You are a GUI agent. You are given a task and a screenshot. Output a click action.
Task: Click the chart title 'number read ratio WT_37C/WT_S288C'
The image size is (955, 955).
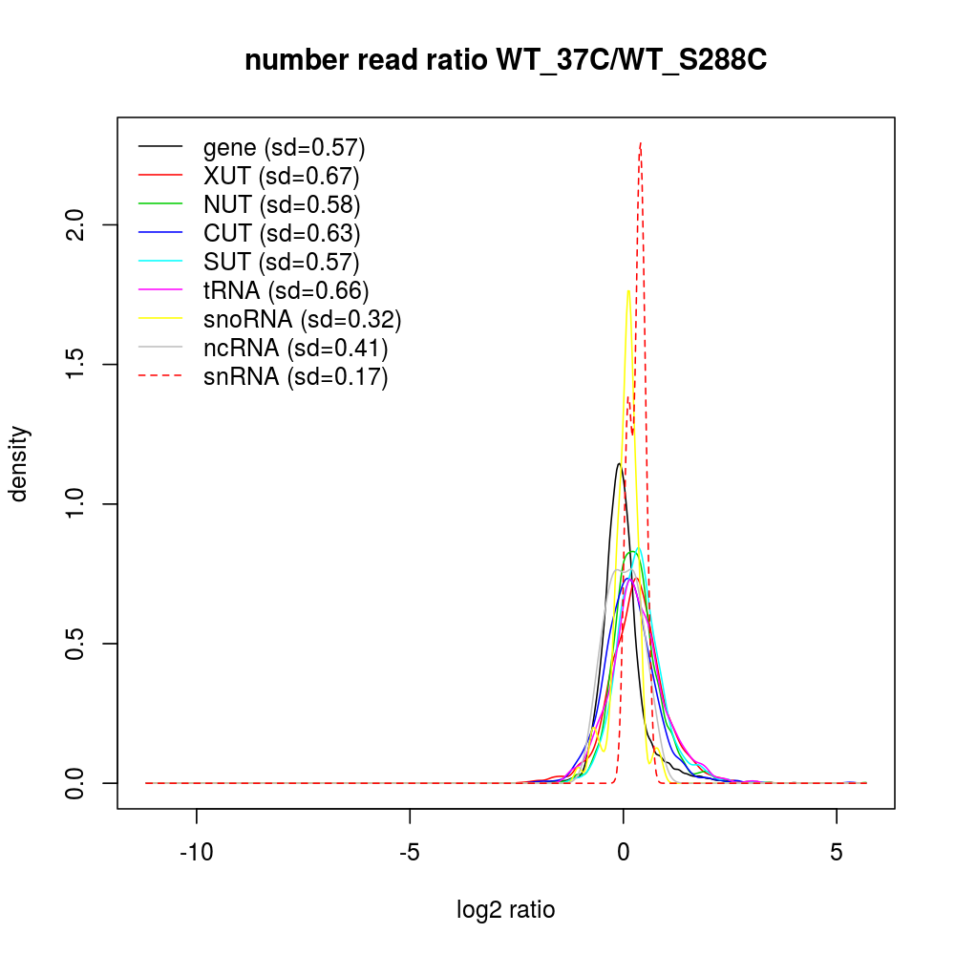pyautogui.click(x=506, y=61)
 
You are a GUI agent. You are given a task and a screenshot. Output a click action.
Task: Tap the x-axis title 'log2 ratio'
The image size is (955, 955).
pyautogui.click(x=506, y=909)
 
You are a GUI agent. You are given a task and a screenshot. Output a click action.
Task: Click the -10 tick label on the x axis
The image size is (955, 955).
pyautogui.click(x=197, y=852)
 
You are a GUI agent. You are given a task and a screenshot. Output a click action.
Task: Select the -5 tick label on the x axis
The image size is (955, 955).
pyautogui.click(x=410, y=852)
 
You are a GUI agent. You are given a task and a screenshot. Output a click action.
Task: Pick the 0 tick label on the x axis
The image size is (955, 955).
pyautogui.click(x=624, y=852)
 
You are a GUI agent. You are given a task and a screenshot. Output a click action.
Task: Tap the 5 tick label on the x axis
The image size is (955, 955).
pyautogui.click(x=837, y=852)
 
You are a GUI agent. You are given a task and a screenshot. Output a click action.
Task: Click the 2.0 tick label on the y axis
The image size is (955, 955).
pyautogui.click(x=80, y=224)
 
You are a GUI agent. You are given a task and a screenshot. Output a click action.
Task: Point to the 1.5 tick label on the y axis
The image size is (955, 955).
pyautogui.click(x=80, y=364)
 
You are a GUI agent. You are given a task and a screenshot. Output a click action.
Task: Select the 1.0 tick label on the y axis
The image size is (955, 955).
pyautogui.click(x=80, y=503)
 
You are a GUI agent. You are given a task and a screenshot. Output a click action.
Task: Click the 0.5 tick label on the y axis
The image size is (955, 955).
pyautogui.click(x=80, y=643)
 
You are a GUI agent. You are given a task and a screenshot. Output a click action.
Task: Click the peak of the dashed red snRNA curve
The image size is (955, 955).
pyautogui.click(x=640, y=143)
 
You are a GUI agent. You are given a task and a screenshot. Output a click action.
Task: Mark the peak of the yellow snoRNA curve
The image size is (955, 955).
pyautogui.click(x=627, y=290)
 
